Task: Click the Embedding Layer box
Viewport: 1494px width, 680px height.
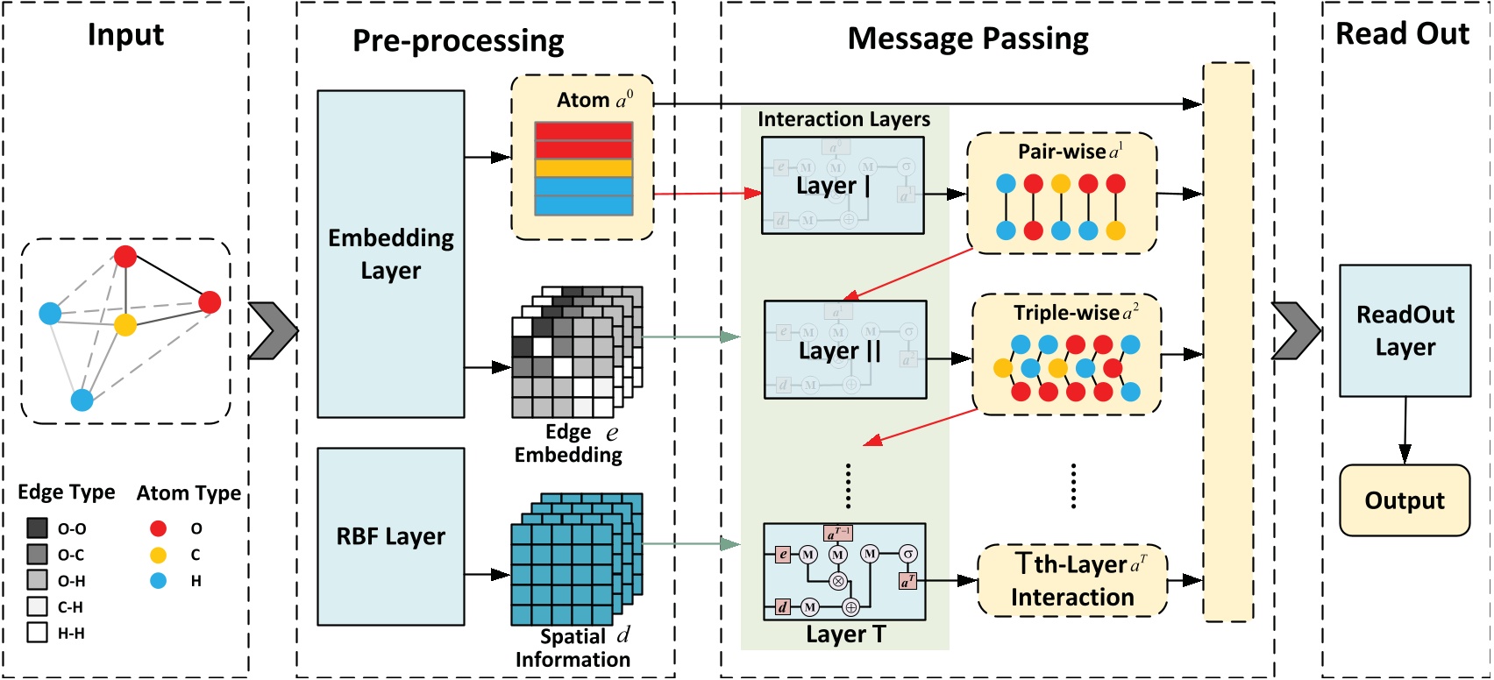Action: point(390,254)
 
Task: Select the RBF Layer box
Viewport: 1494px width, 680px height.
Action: point(390,536)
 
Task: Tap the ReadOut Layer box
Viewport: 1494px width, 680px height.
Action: point(1405,330)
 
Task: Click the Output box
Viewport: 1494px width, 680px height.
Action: point(1404,500)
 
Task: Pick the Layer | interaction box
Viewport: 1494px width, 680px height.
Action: point(843,185)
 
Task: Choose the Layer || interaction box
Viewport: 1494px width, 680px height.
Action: point(845,350)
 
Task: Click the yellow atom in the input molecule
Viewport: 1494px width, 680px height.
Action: point(125,324)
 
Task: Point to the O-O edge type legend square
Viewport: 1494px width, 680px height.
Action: point(37,528)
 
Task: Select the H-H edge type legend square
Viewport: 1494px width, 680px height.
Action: point(37,633)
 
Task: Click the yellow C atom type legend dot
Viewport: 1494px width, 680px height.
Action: point(158,555)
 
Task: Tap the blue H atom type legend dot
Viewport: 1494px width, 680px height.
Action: point(158,580)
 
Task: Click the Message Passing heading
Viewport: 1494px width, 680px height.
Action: point(968,39)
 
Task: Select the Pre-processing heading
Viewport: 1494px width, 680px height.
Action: point(458,41)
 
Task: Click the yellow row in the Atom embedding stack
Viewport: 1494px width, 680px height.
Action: point(583,168)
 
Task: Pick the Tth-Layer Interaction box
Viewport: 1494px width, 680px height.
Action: point(1072,580)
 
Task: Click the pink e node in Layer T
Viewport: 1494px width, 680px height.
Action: point(783,554)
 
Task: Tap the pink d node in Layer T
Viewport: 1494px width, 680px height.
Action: point(782,606)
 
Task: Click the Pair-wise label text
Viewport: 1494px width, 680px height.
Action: point(1062,152)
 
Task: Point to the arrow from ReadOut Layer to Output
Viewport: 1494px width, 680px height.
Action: point(1405,430)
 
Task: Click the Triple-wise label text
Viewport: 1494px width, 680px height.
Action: point(1066,313)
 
